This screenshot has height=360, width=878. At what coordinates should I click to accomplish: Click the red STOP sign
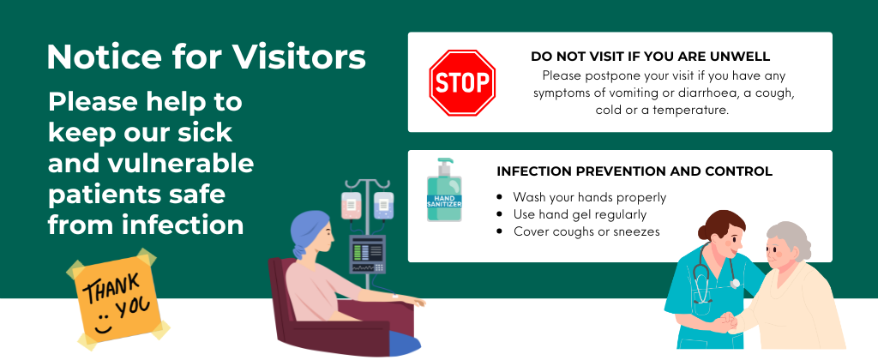click(x=462, y=83)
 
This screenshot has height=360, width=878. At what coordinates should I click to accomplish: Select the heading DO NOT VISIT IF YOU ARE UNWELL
click(x=651, y=57)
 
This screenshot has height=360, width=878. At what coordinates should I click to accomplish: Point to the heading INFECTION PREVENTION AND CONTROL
click(x=634, y=171)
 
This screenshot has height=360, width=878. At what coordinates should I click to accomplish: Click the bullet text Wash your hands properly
click(x=590, y=197)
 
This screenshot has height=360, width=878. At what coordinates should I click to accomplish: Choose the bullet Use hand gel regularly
click(x=580, y=214)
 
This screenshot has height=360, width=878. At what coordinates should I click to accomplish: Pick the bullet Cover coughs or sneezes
click(x=586, y=231)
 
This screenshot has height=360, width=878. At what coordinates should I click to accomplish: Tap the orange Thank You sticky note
click(x=118, y=297)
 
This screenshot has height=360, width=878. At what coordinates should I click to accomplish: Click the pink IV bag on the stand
click(x=351, y=206)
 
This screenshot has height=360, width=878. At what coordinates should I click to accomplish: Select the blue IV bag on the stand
click(x=383, y=206)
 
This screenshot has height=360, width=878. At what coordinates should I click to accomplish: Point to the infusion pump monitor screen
click(x=367, y=255)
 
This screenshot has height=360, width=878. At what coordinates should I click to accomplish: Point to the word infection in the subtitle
click(x=184, y=225)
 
